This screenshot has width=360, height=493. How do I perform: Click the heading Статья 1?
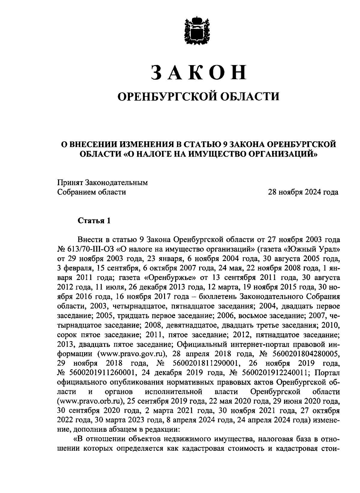coord(94,221)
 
